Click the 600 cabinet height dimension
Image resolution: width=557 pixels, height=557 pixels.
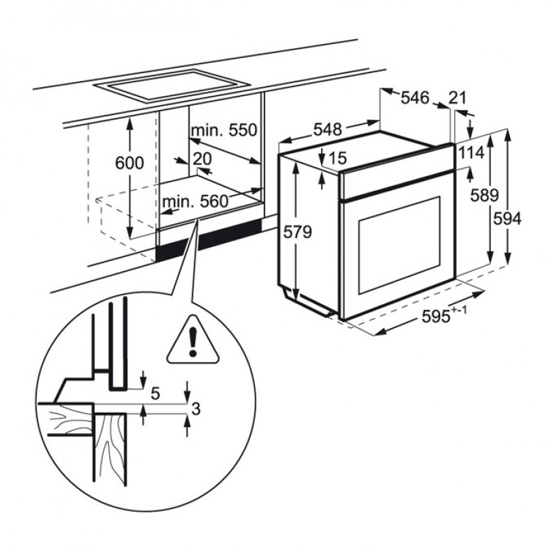(x=130, y=163)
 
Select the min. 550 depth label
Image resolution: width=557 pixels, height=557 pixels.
(x=223, y=130)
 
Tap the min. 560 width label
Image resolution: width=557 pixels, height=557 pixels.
(x=195, y=202)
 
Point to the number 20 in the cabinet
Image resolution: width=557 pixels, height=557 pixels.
(x=202, y=159)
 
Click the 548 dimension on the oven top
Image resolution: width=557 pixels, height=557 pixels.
(x=327, y=130)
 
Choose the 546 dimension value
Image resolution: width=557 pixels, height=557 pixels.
(x=415, y=97)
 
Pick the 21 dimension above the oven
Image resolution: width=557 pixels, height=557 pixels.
(x=457, y=97)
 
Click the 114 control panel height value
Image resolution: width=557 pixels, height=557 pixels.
(x=471, y=152)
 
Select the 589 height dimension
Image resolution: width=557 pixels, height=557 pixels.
(x=485, y=195)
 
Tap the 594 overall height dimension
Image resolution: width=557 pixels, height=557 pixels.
(x=508, y=219)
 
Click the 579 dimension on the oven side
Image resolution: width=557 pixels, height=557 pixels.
(x=298, y=232)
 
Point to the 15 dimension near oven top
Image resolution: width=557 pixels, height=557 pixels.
(x=337, y=159)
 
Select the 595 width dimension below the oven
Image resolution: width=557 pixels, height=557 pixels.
(x=444, y=315)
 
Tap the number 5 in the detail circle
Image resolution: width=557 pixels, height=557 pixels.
(x=155, y=393)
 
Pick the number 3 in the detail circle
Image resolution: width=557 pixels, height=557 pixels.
(x=196, y=409)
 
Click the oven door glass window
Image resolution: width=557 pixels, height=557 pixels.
(x=400, y=245)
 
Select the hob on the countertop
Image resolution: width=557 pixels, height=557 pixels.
(x=172, y=86)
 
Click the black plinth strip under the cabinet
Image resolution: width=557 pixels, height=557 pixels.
(x=210, y=239)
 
